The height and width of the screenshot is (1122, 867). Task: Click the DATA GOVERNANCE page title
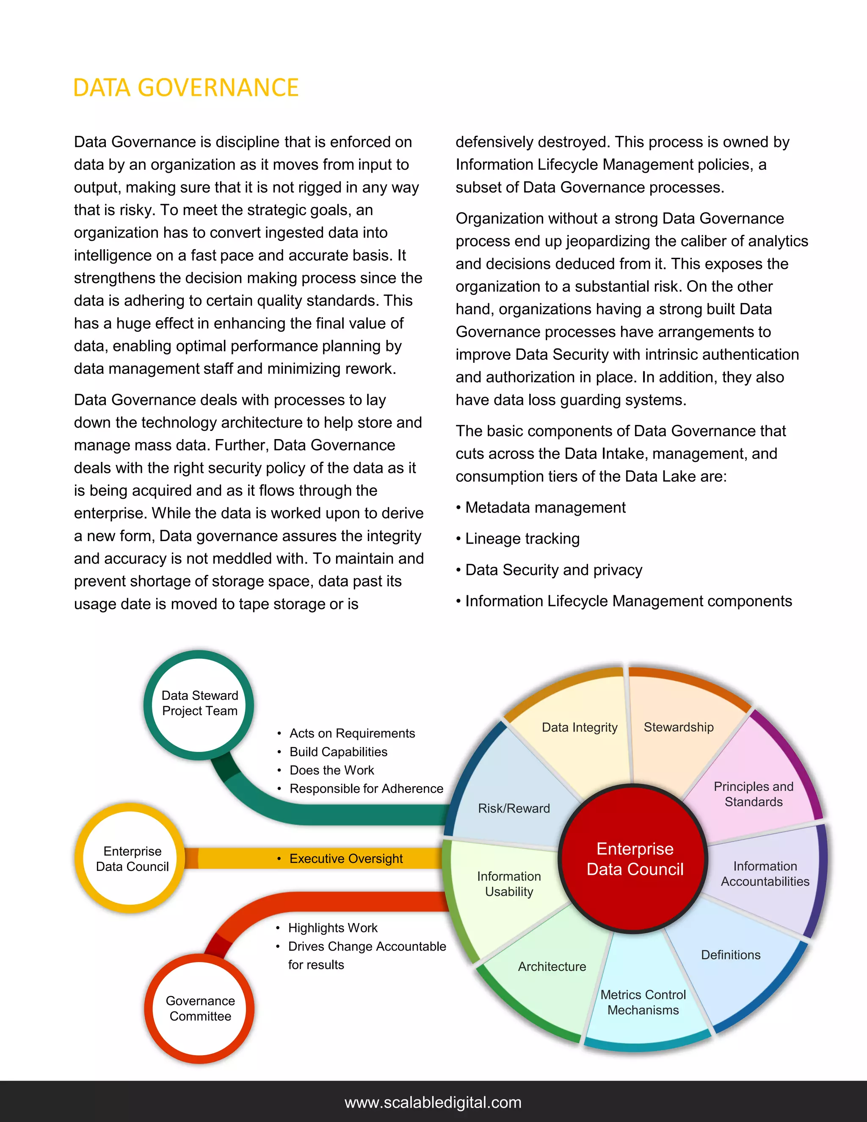[185, 88]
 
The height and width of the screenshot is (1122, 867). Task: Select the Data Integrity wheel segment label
[580, 727]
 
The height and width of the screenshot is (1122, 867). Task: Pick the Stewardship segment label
[679, 727]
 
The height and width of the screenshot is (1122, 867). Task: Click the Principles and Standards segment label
[754, 794]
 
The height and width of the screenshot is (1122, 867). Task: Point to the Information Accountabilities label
[765, 874]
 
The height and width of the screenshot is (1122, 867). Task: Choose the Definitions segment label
[730, 955]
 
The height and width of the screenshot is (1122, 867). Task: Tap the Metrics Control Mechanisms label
[643, 1002]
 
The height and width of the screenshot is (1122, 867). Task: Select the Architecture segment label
[552, 967]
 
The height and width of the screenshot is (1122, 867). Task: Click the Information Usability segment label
[508, 884]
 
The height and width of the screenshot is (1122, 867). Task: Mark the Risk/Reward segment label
[514, 809]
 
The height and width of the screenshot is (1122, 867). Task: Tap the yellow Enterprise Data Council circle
[132, 859]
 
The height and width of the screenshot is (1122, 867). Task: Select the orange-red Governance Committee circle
[200, 1009]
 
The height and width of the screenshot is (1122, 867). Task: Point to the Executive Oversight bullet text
[346, 859]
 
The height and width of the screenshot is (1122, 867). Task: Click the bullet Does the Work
[332, 770]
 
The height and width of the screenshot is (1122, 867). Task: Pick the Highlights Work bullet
[333, 928]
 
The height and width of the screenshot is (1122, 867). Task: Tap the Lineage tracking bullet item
[522, 539]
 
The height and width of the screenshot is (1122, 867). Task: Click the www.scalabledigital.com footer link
[433, 1103]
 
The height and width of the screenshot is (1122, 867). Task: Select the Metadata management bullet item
[545, 508]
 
